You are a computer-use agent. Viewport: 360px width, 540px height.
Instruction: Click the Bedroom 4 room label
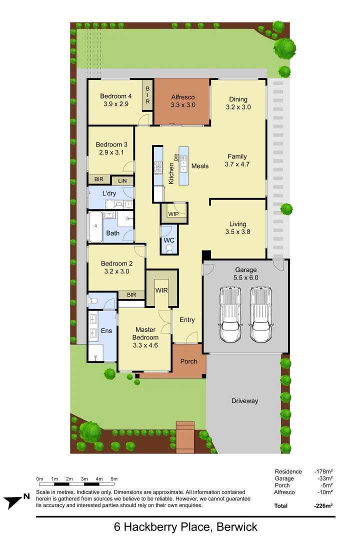coord(116,96)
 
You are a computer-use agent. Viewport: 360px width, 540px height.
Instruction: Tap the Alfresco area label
coord(182,97)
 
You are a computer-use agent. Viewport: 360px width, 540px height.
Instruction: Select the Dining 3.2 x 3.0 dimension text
coord(238,107)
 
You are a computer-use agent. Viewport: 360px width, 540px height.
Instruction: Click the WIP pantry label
coord(173,214)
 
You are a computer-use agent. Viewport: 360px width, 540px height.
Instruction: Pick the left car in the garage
coord(230,314)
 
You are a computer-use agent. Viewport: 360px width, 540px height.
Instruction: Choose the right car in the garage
coord(261,314)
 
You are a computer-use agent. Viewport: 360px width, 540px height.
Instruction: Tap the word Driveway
coord(244,401)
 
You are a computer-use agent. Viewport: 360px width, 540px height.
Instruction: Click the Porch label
coord(188,361)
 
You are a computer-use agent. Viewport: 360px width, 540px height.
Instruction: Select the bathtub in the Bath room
coord(95,228)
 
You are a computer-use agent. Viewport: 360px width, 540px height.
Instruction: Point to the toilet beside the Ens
coord(93,301)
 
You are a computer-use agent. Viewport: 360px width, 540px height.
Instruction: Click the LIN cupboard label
coord(122,181)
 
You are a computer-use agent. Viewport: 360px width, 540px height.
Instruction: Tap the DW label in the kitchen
coord(176,157)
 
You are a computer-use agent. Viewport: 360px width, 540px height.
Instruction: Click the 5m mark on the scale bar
coord(114,479)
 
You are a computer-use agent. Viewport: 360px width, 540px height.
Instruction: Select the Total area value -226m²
coord(323,506)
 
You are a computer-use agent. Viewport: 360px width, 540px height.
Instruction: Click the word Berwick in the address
coord(234,526)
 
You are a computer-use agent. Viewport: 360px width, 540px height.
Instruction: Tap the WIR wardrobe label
coord(161,290)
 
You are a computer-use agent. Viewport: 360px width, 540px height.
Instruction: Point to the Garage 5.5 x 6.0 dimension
coord(245,277)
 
